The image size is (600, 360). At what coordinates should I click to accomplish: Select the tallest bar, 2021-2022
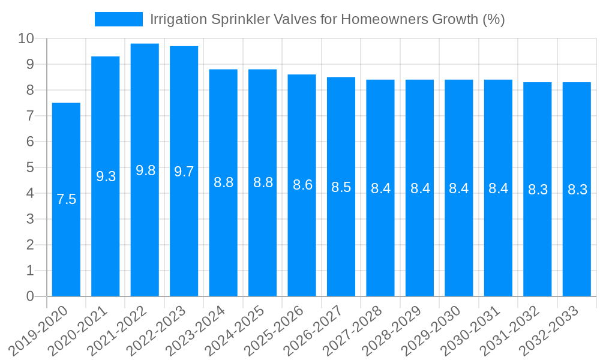click(145, 228)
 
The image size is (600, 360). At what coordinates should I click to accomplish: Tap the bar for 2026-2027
click(341, 240)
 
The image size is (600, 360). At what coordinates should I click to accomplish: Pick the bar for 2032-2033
click(577, 240)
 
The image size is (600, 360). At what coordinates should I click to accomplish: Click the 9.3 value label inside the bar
click(106, 176)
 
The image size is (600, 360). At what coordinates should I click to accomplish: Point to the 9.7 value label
click(184, 172)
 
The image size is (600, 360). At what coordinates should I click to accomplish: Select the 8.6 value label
click(302, 185)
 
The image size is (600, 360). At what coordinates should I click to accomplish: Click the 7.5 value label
click(66, 200)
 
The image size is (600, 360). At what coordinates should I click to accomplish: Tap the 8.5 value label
click(341, 187)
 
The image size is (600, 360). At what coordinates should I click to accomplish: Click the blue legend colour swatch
click(119, 19)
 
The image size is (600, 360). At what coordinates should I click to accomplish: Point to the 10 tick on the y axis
click(26, 39)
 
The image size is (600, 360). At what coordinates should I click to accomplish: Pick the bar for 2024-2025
click(262, 240)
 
